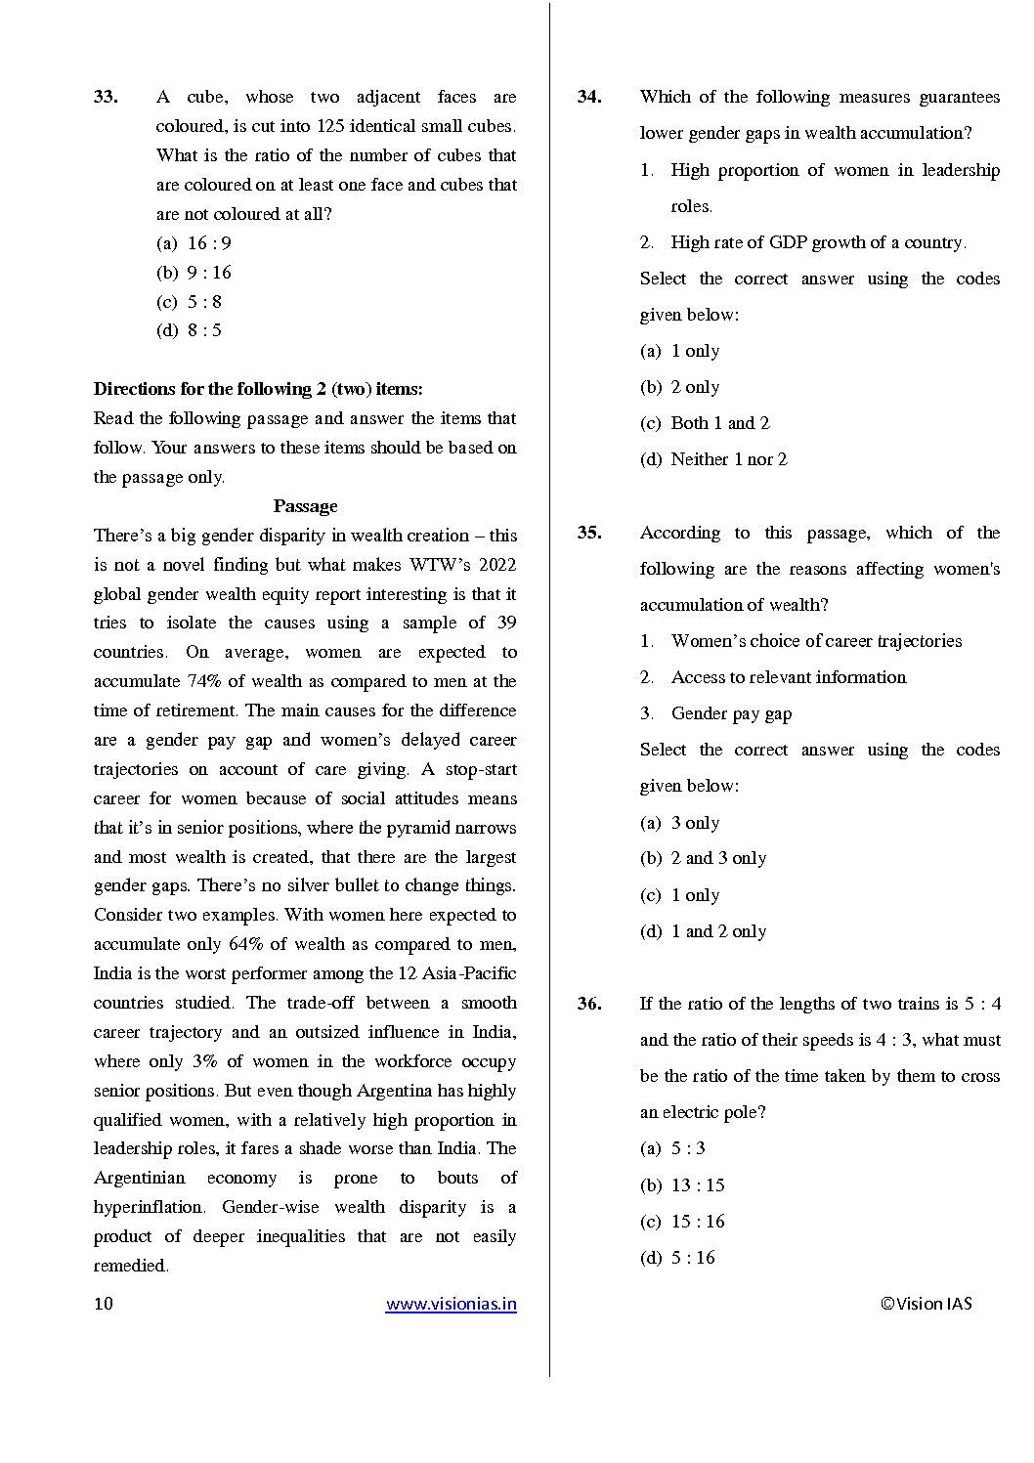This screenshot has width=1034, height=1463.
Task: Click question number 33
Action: [106, 97]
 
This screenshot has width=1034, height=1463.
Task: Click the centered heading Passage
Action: [305, 506]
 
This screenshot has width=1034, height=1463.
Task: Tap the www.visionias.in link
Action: [451, 1304]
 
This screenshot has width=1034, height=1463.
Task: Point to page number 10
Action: [104, 1304]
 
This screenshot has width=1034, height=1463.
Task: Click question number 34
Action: [589, 97]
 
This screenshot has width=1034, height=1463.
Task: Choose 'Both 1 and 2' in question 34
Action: [705, 423]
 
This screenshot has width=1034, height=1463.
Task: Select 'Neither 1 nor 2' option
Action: [713, 459]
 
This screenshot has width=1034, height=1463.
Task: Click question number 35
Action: [589, 533]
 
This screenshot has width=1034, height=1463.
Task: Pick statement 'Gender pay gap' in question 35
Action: [731, 713]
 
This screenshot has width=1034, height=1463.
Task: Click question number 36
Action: [589, 1004]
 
